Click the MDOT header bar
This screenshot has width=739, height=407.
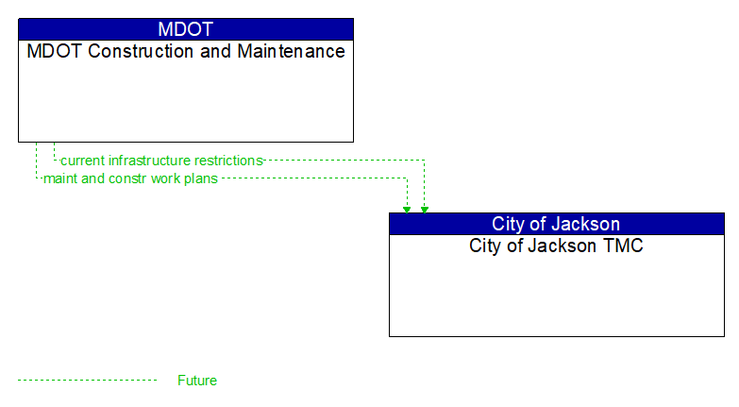186,28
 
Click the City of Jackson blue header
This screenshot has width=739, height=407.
556,224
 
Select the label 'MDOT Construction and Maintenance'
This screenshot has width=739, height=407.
186,52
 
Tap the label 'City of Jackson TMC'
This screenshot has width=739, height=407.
556,246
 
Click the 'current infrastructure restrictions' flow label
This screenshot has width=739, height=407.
161,161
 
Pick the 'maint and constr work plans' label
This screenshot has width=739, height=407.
130,178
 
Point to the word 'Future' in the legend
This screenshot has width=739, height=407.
197,381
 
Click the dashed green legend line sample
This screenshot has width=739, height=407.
87,381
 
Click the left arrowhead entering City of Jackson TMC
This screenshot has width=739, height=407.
407,209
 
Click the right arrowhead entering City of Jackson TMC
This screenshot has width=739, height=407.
425,209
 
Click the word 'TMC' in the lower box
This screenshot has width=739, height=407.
624,246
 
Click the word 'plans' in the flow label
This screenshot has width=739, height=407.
201,178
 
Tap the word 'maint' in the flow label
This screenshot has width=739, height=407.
59,178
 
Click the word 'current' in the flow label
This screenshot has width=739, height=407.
83,161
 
